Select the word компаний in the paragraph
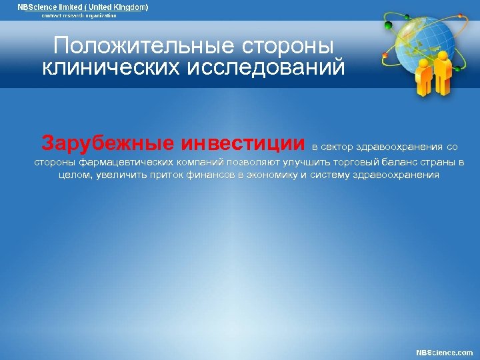pos(199,162)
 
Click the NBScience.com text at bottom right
pos(445,352)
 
